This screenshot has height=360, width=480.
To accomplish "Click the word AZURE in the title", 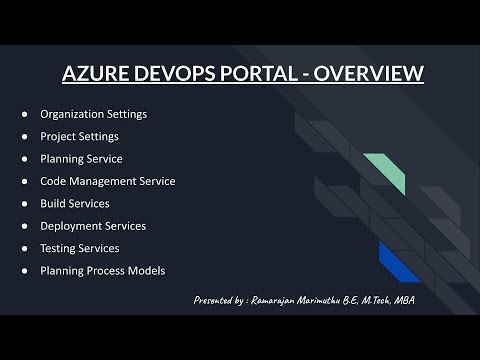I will (93, 74).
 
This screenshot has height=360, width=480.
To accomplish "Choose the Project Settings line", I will (79, 136).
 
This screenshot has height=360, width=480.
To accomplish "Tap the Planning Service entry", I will (81, 158).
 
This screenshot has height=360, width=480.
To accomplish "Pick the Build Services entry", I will (76, 203).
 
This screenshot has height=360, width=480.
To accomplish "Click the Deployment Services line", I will (93, 226).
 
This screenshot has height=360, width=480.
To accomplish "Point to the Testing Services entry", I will (79, 248).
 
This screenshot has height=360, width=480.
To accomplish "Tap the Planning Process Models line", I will (102, 270).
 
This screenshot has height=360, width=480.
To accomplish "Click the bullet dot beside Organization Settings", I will (24, 114).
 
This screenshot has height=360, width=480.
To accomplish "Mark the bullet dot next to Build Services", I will (24, 203).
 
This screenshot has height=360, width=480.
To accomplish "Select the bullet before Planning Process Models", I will (24, 270).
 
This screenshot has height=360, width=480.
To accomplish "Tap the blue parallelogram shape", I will (399, 261).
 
